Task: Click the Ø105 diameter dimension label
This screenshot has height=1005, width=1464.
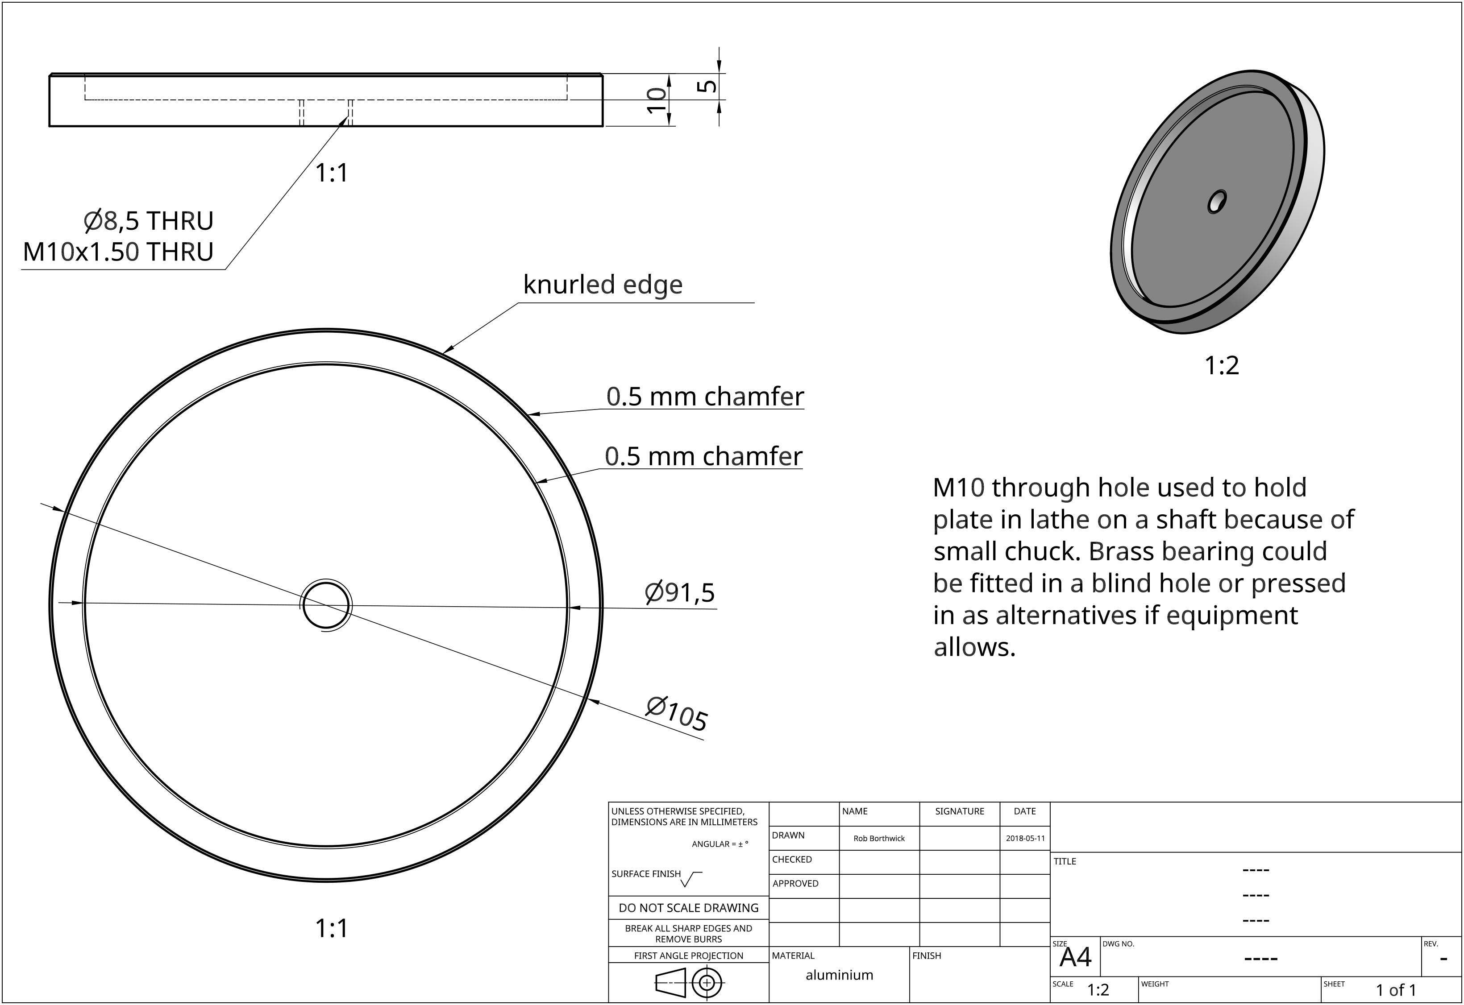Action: [x=677, y=713]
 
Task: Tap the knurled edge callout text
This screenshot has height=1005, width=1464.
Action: [x=602, y=285]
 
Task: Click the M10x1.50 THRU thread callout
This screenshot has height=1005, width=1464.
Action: [x=118, y=252]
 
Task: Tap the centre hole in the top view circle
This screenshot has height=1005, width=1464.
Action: [x=326, y=604]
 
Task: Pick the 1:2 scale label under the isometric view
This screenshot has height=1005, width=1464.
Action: [x=1222, y=366]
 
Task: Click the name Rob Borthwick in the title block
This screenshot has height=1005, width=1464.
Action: [x=879, y=838]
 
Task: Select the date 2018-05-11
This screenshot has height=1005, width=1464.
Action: [x=1025, y=838]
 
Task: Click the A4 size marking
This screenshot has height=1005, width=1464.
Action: [x=1075, y=958]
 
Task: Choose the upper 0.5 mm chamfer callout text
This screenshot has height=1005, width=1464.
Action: [x=705, y=397]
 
